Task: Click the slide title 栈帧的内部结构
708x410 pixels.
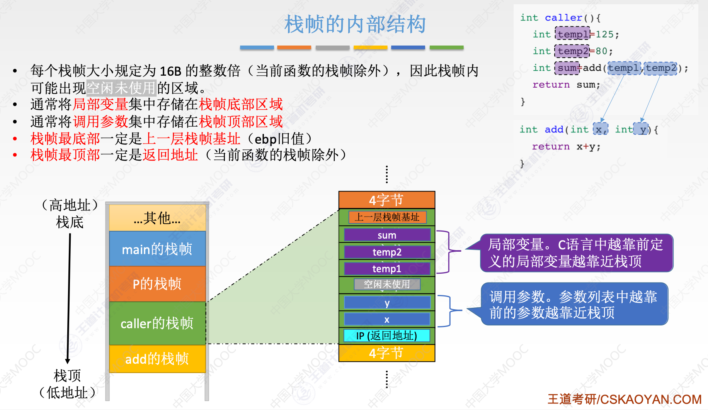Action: point(355,24)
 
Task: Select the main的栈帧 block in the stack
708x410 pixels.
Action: point(157,249)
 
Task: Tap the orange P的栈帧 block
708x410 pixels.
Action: point(157,284)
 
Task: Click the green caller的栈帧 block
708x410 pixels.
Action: point(157,323)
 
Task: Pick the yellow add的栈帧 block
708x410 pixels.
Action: point(157,359)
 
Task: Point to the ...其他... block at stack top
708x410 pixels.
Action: point(157,218)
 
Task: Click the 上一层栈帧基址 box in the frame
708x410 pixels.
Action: point(387,217)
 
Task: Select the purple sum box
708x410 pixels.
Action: point(387,235)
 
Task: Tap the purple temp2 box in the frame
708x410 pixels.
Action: point(387,252)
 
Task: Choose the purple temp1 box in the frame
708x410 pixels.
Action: point(387,268)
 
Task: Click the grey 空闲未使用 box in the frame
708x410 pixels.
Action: point(387,285)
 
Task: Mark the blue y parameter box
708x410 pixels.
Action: point(387,303)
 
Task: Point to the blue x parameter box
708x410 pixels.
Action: point(387,319)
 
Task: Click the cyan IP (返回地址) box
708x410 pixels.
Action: point(387,335)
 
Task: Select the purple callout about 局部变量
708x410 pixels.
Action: point(576,253)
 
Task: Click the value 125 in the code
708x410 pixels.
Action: point(604,34)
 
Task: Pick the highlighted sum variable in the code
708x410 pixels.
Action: point(567,68)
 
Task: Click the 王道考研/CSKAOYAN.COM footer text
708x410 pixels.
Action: point(624,399)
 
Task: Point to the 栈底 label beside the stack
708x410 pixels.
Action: point(70,222)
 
